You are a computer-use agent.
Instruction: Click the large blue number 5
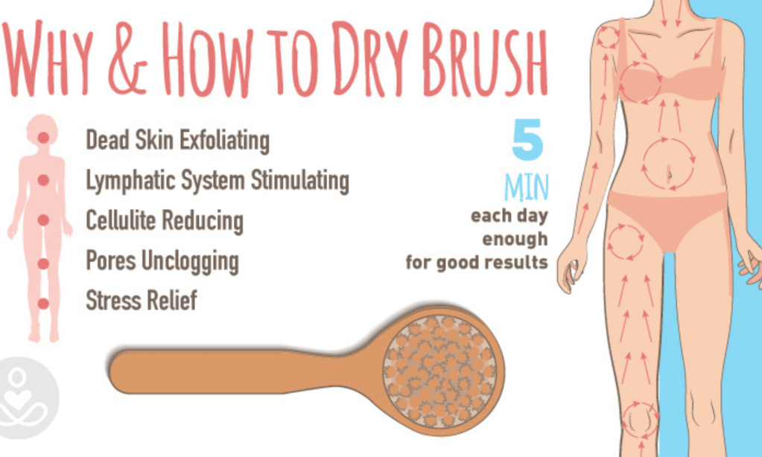pos(527,140)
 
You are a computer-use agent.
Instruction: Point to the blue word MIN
pos(527,187)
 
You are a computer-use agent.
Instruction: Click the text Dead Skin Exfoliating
pos(177,141)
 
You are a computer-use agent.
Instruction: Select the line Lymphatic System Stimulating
pos(218,181)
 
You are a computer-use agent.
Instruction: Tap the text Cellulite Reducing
pos(165,221)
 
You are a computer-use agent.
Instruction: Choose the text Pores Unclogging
pos(162,261)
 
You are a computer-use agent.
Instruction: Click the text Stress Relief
pos(141,300)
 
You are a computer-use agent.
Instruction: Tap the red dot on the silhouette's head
pos(43,138)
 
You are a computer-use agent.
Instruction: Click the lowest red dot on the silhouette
pos(43,304)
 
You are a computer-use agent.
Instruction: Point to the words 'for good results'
pos(477,262)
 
